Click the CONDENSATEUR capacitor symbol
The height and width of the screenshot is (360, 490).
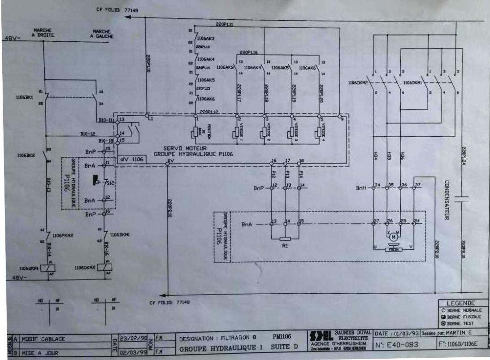[461, 199]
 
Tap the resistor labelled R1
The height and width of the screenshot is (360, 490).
[285, 239]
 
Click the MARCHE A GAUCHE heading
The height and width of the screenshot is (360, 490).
[102, 34]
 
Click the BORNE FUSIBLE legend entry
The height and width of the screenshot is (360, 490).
[463, 316]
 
